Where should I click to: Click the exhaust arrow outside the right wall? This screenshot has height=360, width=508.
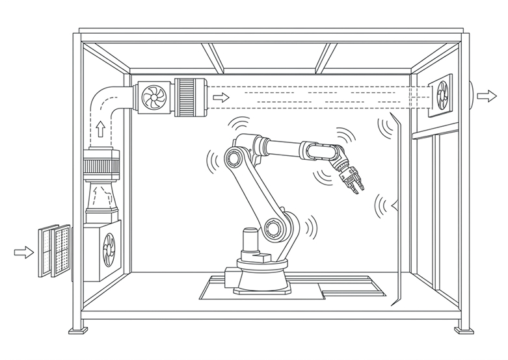pyautogui.click(x=485, y=96)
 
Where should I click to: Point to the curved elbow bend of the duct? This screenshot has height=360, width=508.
pyautogui.click(x=104, y=101)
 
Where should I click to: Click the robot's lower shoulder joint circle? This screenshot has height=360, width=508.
pyautogui.click(x=273, y=227)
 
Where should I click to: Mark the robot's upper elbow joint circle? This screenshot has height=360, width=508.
pyautogui.click(x=232, y=157)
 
